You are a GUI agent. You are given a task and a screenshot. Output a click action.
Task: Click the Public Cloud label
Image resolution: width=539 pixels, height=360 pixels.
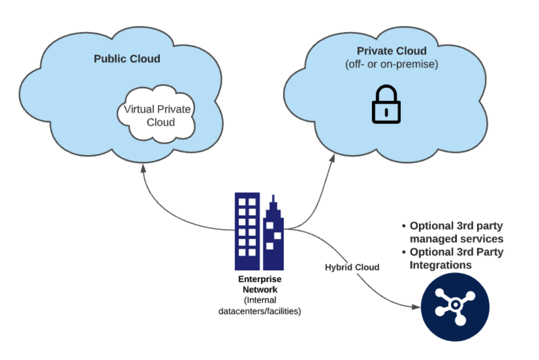click(127, 59)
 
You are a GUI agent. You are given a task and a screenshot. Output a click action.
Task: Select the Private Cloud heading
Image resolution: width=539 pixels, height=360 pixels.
click(392, 51)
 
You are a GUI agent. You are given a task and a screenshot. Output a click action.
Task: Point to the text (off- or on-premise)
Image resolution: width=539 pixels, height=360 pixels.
click(392, 65)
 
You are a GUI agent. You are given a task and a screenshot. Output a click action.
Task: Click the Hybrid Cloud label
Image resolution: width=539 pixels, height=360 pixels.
click(352, 267)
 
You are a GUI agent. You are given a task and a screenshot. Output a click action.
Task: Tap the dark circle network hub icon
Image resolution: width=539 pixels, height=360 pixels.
click(455, 308)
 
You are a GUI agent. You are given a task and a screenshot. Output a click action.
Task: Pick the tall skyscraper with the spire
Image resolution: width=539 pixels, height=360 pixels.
click(274, 235)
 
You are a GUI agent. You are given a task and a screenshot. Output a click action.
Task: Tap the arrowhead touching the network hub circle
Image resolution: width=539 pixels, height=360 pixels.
click(415, 307)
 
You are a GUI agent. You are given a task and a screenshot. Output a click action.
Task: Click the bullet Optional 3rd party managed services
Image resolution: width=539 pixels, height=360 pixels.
click(453, 233)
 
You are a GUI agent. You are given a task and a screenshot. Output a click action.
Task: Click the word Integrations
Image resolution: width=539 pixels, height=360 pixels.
click(441, 265)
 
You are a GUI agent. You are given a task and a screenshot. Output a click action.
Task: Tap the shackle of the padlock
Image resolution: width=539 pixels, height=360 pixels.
click(386, 94)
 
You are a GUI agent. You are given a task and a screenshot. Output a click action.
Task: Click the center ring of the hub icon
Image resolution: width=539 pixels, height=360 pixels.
click(455, 305)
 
